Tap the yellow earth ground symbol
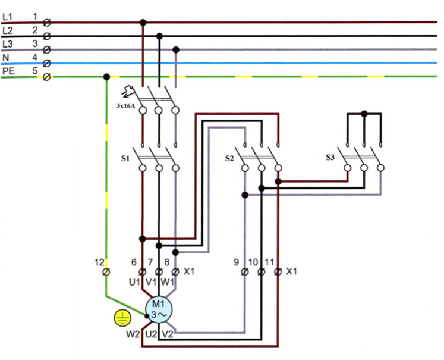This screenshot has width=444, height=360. (122, 318)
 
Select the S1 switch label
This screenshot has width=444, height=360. (125, 158)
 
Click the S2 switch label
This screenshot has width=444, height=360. (229, 158)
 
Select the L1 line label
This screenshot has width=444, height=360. (7, 17)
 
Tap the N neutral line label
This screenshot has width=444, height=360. (5, 58)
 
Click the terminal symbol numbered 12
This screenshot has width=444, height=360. (106, 272)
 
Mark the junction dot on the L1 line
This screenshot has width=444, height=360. (143, 23)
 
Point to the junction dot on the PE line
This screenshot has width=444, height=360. (106, 77)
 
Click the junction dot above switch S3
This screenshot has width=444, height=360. (364, 113)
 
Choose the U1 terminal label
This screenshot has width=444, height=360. (134, 281)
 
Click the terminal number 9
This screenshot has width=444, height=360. (237, 262)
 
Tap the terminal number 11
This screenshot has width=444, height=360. (269, 262)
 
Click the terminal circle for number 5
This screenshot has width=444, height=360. (46, 77)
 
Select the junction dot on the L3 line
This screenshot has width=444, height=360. (175, 49)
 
